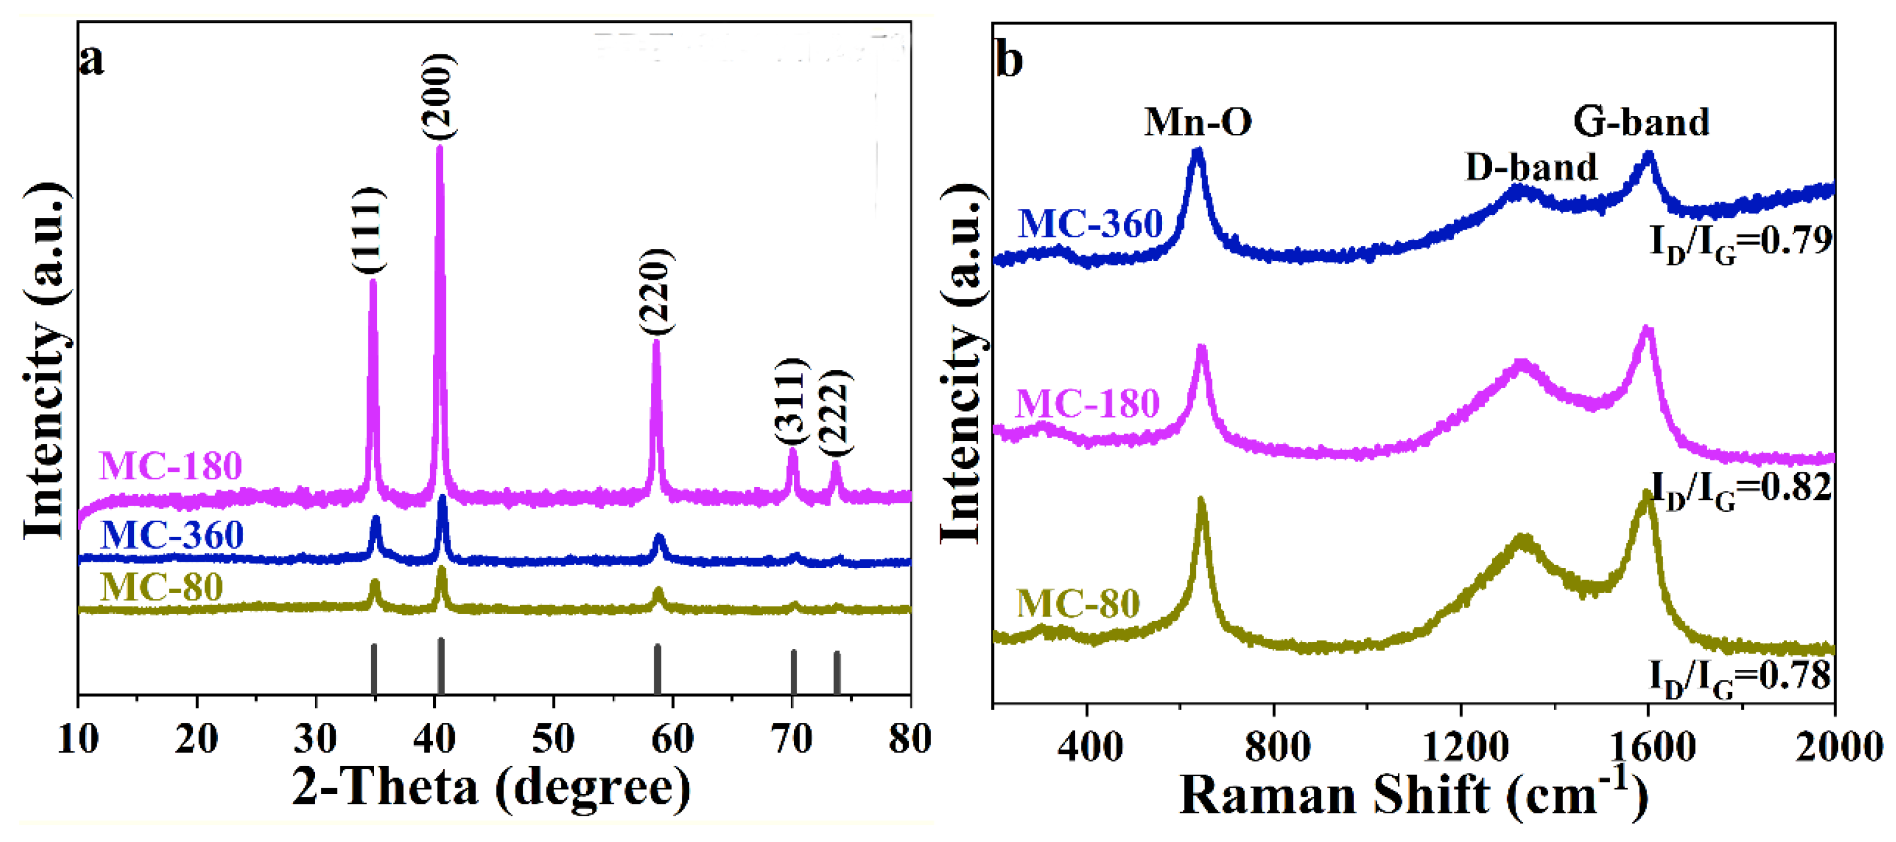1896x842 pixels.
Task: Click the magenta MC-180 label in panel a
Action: pos(171,466)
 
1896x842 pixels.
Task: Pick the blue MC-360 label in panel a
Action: pos(172,534)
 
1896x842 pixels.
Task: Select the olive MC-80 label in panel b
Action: pos(1078,603)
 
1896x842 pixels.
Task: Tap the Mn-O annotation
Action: pos(1198,121)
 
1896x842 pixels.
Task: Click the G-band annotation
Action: pos(1640,121)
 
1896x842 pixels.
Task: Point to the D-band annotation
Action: pos(1531,167)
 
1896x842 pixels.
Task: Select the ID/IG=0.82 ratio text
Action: pos(1740,488)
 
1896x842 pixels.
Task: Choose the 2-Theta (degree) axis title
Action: pos(491,789)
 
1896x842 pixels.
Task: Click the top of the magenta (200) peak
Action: pos(439,148)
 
